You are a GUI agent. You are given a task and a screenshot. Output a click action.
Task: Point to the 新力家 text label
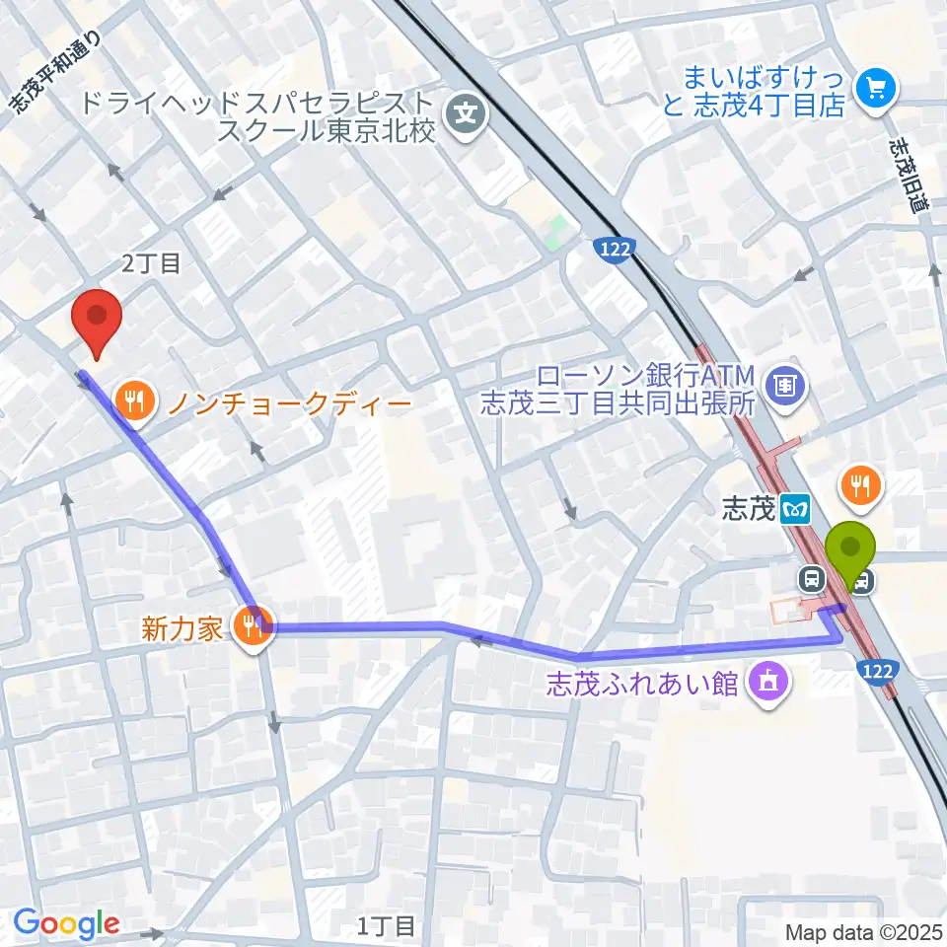pyautogui.click(x=182, y=629)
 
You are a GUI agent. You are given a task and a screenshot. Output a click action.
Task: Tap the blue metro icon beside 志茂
pyautogui.click(x=795, y=510)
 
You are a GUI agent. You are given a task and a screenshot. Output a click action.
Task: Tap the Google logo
pyautogui.click(x=66, y=923)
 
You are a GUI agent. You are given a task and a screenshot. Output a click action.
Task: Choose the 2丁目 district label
pyautogui.click(x=151, y=262)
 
